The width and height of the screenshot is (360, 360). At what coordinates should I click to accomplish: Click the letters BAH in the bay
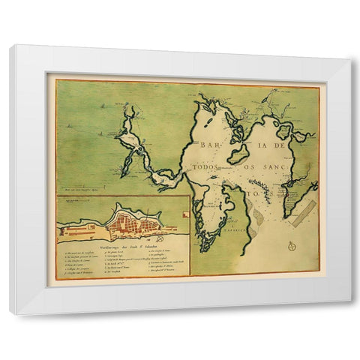point(209,145)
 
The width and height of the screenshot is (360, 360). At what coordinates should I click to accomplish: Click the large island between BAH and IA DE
point(238,154)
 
